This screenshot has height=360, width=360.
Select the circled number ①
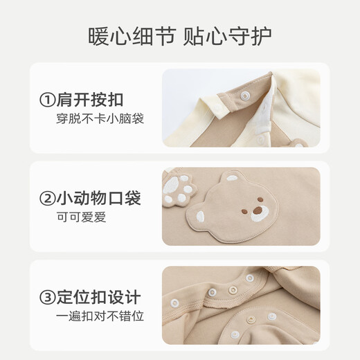(x=47, y=100)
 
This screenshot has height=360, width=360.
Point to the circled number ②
(x=47, y=199)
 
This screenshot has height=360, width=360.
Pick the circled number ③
(x=47, y=298)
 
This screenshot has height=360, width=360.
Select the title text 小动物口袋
(x=107, y=199)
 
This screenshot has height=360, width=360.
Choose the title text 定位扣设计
(x=107, y=298)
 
